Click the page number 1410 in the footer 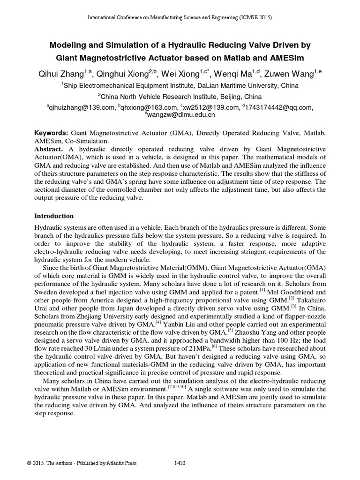tap(180, 463)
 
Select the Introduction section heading tap(54, 216)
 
